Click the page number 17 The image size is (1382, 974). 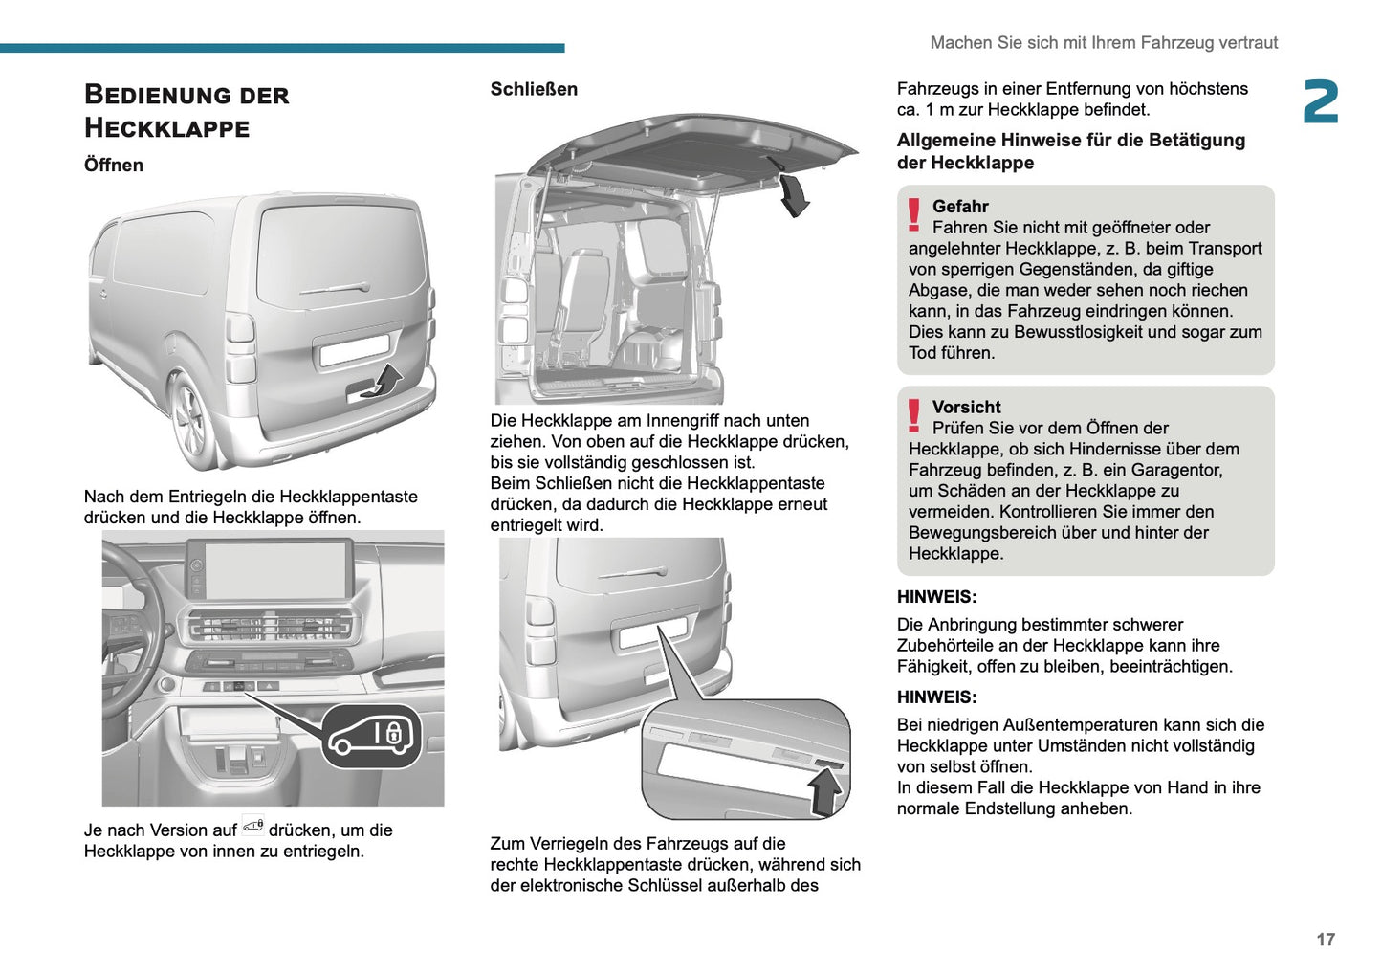pos(1325,940)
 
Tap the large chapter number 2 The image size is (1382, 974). pos(1321,102)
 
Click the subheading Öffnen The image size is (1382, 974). pos(114,165)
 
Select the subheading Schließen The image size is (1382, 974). pos(534,89)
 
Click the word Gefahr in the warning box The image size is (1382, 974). pos(960,207)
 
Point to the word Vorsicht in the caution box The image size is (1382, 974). pos(966,408)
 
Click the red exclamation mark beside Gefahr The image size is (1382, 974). pos(913,215)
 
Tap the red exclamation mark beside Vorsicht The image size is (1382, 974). pos(913,416)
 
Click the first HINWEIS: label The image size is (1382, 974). pos(936,597)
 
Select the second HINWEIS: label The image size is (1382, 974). pos(936,697)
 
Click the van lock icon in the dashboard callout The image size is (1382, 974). pos(371,736)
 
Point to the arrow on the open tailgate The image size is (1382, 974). pos(793,195)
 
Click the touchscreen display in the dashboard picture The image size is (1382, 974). pos(269,571)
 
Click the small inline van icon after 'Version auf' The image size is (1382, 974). pos(252,826)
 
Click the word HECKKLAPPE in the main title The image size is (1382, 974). pos(166,128)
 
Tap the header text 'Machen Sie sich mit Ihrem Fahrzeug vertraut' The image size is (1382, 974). pos(1104,43)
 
